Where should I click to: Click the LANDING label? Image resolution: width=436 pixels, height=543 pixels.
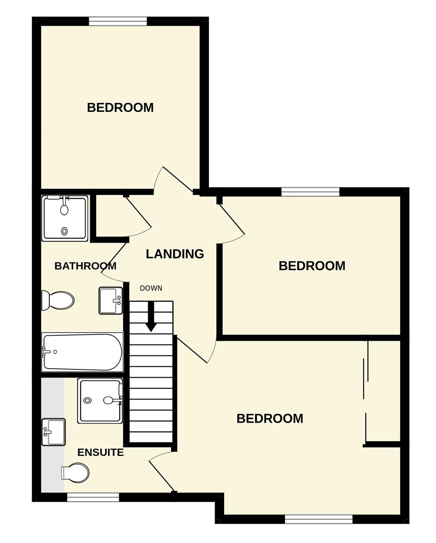175,254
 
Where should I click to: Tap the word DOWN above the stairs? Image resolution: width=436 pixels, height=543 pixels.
151,288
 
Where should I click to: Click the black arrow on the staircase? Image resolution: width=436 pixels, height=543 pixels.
151,317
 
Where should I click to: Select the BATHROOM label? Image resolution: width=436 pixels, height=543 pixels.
85,266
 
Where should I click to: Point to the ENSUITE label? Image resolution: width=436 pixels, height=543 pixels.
100,452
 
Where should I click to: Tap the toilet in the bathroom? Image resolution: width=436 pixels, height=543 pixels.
58,300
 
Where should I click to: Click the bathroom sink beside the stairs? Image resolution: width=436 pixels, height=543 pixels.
111,300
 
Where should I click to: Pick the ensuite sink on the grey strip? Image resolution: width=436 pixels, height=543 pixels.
53,432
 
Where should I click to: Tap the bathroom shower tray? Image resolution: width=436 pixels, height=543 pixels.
65,218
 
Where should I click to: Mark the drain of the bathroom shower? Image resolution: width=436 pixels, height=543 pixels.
65,231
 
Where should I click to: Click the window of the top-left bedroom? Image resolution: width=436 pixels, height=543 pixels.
118,21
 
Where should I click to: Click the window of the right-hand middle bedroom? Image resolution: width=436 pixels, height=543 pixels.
310,192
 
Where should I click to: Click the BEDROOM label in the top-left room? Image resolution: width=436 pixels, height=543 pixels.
120,107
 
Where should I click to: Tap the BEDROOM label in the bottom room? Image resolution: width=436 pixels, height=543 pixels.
270,419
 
